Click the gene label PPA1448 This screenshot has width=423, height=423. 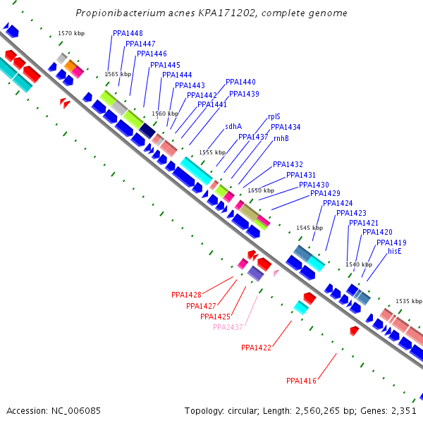(128, 34)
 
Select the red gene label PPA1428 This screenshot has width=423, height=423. (186, 295)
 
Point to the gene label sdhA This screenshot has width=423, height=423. (233, 126)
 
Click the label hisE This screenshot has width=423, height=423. (394, 251)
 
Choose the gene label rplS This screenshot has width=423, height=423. (274, 116)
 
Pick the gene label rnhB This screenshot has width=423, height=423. (281, 138)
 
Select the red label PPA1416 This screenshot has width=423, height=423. (301, 381)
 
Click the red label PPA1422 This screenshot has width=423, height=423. (256, 348)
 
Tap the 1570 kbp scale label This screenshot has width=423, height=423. (71, 33)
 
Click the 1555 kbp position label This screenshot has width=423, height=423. (212, 152)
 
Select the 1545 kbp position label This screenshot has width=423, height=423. (309, 228)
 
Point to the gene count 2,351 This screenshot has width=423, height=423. (405, 410)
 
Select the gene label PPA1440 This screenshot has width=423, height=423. (240, 82)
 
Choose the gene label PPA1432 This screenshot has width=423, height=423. (288, 164)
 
